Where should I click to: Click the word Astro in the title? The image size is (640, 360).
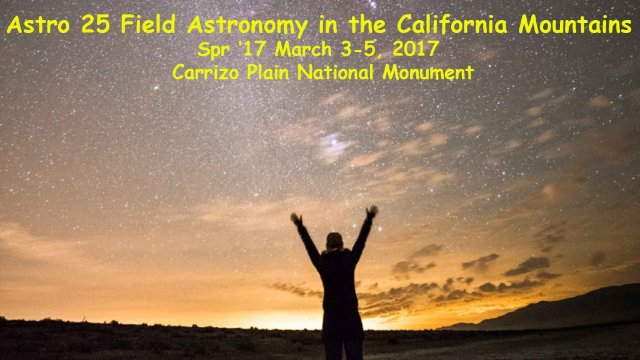38,25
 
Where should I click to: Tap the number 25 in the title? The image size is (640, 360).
96,25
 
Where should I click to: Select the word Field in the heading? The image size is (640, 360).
147,24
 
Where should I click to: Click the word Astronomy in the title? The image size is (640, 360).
247,26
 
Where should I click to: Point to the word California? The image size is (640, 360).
452,24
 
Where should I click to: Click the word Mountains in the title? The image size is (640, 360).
576,24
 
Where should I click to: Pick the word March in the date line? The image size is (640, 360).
303,49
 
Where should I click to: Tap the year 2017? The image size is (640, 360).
416,49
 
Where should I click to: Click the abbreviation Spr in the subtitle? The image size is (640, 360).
213,51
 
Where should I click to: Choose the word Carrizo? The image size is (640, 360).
205,72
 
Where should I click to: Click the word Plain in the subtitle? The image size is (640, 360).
267,72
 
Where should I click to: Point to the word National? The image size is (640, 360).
335,72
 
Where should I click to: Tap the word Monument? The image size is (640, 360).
427,72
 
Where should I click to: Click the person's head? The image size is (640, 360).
334,241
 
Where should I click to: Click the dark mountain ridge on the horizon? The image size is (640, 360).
563,308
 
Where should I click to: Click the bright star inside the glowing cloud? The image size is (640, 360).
334,142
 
